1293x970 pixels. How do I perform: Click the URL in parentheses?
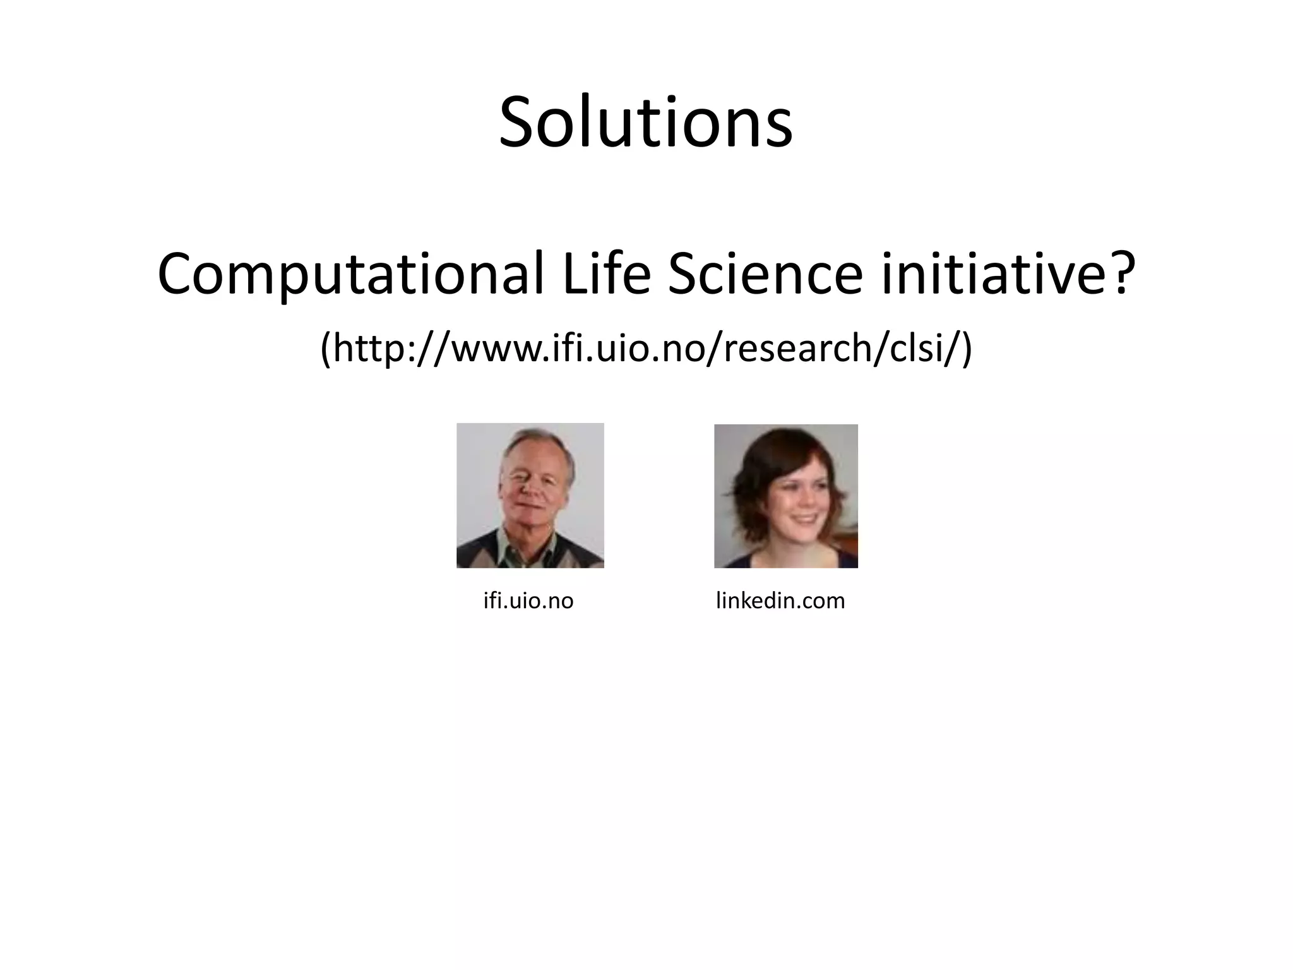pos(646,349)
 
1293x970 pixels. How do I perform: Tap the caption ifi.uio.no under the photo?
pos(528,601)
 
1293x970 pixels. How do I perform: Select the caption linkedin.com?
pos(780,601)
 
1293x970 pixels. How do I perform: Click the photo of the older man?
pos(530,496)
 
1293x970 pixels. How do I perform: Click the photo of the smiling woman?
pos(785,496)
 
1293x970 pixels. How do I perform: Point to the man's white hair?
pos(537,442)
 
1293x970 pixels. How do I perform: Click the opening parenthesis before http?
pos(326,349)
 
